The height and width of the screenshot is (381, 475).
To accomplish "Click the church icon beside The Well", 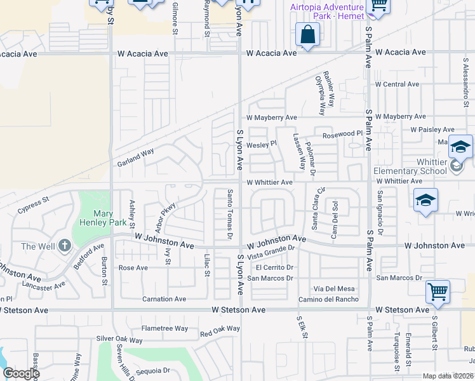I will click(x=64, y=246).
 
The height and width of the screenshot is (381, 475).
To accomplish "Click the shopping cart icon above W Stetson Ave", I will click(x=438, y=292).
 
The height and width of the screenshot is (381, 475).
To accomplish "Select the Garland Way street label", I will click(x=135, y=157).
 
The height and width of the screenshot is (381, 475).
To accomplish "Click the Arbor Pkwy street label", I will click(x=159, y=217).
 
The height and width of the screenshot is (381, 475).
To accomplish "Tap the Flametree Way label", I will click(x=165, y=328).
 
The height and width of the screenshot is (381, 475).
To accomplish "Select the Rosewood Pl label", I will click(x=342, y=134).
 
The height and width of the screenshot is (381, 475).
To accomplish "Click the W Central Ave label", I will click(x=397, y=84).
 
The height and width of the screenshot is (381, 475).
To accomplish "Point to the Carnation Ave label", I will click(x=164, y=298).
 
